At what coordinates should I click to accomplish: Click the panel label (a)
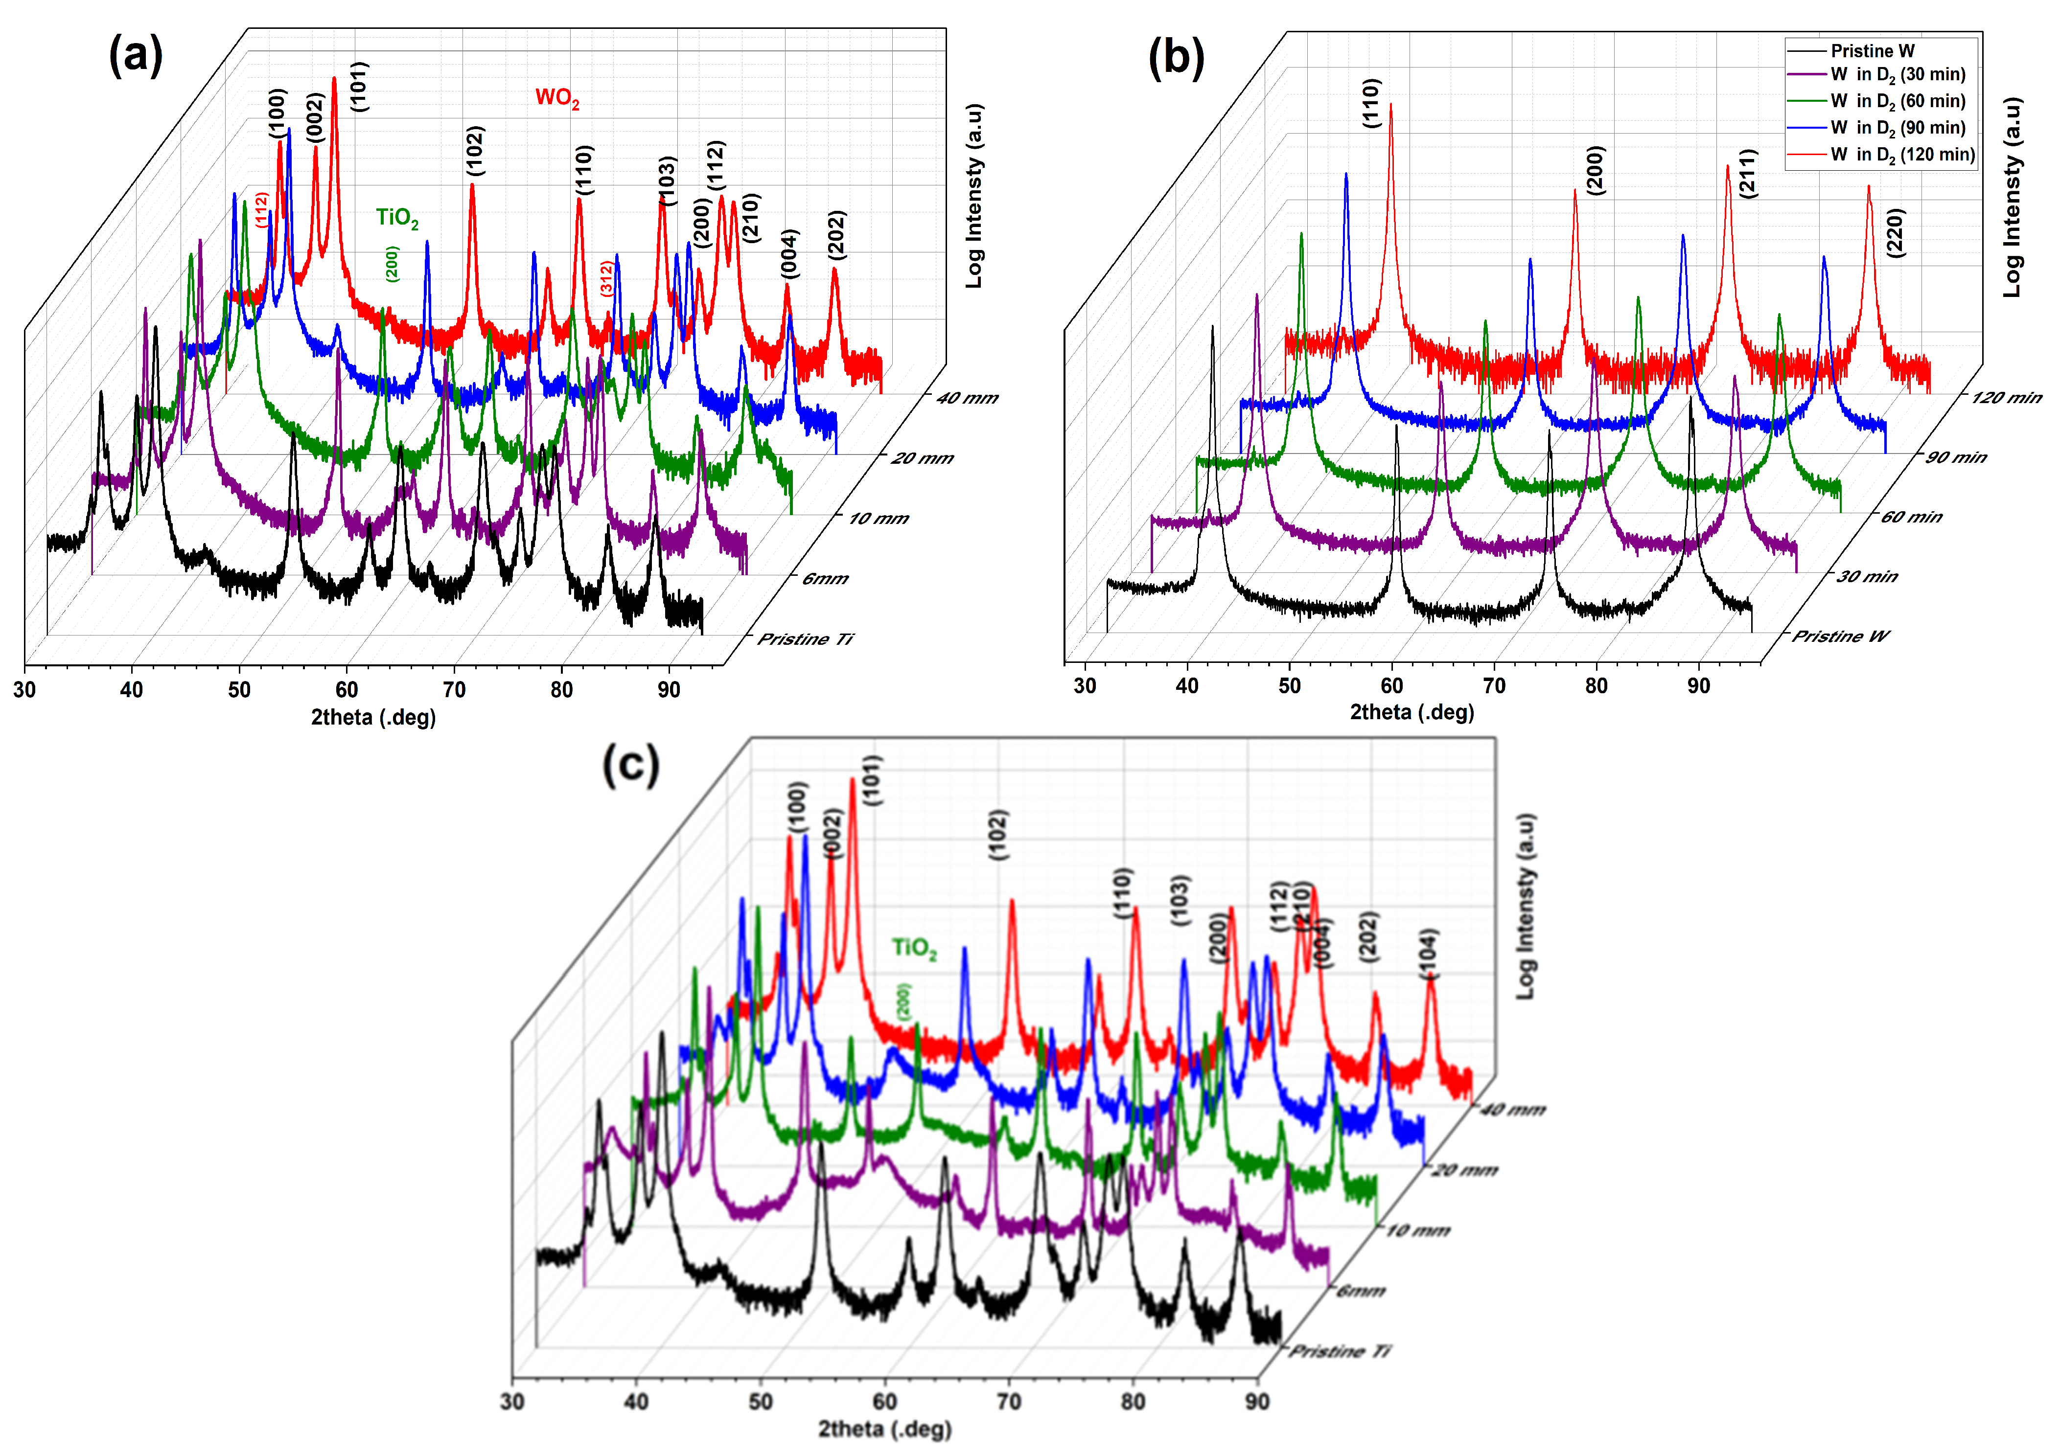[x=136, y=56]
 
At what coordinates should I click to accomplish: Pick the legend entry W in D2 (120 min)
[x=1901, y=154]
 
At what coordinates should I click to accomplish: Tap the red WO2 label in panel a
[x=557, y=98]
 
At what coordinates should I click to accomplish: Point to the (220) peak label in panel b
[x=1895, y=233]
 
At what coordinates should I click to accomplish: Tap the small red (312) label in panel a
[x=606, y=278]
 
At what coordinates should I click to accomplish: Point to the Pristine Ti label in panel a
[x=805, y=638]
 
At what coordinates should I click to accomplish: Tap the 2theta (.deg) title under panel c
[x=884, y=1429]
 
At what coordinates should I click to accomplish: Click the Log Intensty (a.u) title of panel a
[x=974, y=196]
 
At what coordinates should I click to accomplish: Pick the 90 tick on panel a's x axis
[x=669, y=690]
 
